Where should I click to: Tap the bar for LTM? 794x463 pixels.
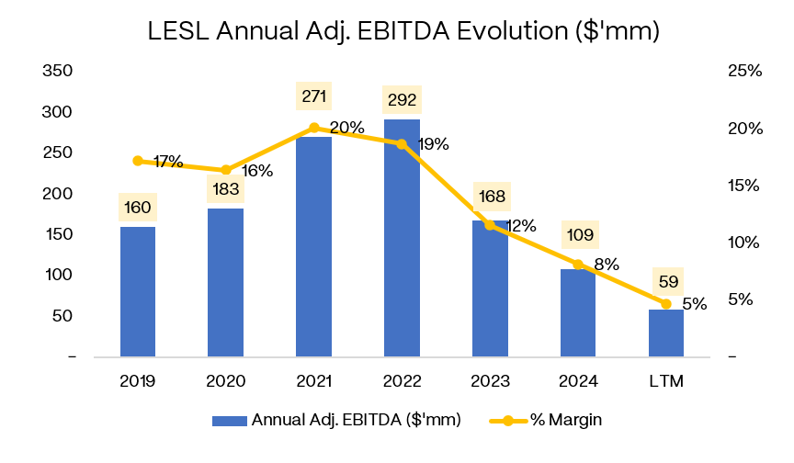666,333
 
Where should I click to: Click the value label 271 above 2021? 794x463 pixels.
314,96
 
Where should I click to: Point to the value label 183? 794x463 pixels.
226,190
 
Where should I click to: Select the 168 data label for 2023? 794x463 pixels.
490,196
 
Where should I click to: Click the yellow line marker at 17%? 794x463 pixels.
138,161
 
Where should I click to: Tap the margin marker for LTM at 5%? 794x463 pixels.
666,303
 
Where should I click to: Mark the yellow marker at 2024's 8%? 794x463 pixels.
578,265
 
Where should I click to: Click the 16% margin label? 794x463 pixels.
257,171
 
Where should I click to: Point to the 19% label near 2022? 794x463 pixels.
433,144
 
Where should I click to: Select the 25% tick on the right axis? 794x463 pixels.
743,72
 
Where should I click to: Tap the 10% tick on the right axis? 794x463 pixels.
743,243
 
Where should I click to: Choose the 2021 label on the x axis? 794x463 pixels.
314,380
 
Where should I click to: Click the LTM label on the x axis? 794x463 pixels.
666,380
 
